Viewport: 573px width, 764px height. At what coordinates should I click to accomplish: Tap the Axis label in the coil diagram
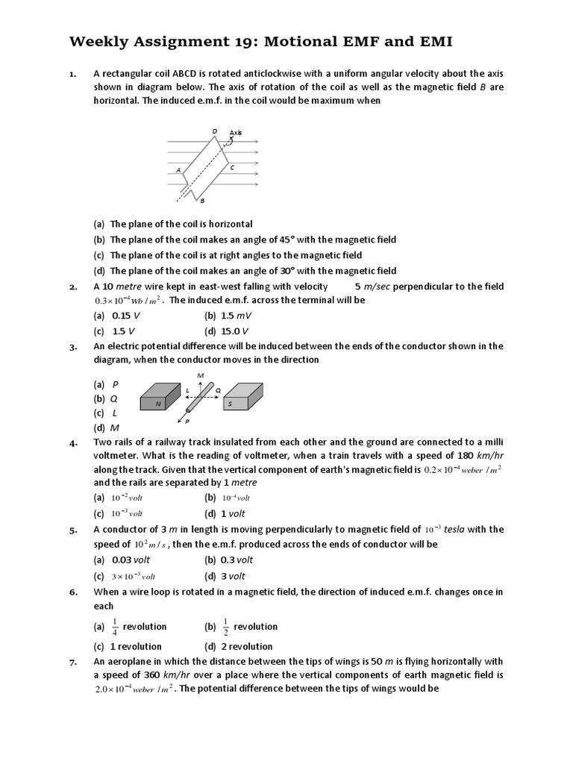236,132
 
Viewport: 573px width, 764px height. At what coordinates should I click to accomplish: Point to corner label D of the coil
215,131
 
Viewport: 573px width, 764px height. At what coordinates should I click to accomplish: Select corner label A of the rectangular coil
178,170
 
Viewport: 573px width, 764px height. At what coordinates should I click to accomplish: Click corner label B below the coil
202,201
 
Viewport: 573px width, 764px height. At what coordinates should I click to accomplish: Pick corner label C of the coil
233,168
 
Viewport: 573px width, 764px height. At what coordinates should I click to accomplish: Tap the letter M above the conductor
200,374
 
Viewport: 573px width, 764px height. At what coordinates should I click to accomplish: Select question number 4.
73,442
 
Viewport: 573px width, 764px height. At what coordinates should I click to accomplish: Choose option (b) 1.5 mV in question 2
228,316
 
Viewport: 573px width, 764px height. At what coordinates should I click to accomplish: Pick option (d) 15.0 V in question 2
227,331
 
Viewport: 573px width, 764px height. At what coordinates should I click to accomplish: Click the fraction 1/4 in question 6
115,627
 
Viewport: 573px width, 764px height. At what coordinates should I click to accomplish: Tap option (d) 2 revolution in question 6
238,646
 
